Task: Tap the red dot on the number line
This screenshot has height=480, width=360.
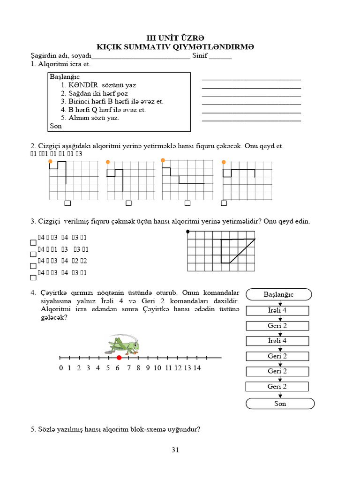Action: (119, 358)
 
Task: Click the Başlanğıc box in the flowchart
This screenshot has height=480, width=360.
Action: (278, 294)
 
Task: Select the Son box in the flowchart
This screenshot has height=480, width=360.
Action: (280, 404)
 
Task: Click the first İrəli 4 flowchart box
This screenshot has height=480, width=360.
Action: (277, 310)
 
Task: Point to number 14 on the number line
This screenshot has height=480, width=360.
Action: (196, 368)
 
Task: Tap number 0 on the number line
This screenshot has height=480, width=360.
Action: (61, 368)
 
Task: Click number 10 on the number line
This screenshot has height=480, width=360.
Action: (157, 368)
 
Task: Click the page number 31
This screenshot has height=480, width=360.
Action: (176, 450)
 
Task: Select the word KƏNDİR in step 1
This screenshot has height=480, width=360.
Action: (82, 85)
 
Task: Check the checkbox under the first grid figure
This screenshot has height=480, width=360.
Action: (67, 203)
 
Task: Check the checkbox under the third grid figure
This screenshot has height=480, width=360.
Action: (187, 203)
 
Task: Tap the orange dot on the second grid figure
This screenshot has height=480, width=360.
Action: (108, 162)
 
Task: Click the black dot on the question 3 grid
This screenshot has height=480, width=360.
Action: (187, 232)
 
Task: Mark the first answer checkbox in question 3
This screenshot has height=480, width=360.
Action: (33, 243)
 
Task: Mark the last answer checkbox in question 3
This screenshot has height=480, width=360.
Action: (33, 277)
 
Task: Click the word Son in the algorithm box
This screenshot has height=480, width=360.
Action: (56, 126)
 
